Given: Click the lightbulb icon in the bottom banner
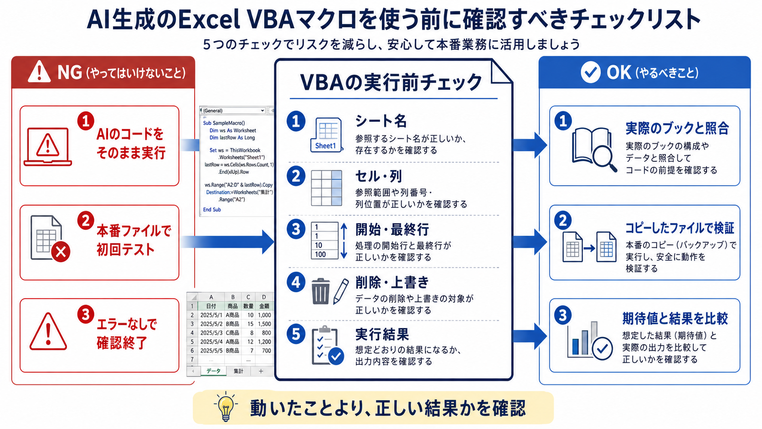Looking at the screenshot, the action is point(226,407).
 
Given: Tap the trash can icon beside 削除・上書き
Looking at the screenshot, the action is point(320,291).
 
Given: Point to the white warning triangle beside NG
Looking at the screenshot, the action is point(39,72).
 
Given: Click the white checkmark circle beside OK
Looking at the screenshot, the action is point(591,72).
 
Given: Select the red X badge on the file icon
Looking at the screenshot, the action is point(61,252).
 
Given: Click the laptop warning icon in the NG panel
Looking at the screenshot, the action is point(47,147).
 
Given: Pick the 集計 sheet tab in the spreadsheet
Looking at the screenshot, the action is point(238,371).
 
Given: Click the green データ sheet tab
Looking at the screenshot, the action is point(213,371).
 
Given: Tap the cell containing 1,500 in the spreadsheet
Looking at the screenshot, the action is point(264,324).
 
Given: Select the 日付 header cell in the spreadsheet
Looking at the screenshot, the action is point(211,306).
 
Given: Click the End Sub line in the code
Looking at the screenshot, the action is point(212,210).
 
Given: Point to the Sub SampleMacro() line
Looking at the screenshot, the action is point(224,123).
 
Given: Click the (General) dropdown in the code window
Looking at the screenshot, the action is point(233,111).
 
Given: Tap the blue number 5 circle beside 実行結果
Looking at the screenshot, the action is point(296,334).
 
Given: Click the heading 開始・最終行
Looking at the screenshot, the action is point(392,230).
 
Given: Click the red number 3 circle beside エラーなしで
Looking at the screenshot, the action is point(85,315).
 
